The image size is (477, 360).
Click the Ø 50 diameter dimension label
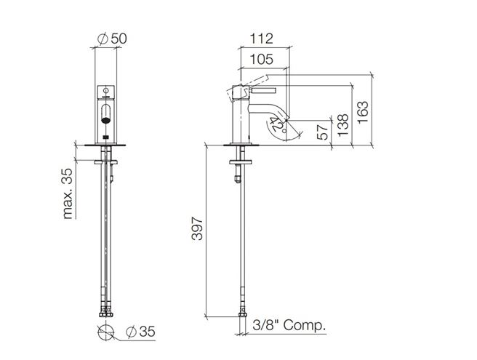coord(112,39)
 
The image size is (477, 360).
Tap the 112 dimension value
coord(261,39)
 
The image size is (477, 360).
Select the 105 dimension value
coord(261,59)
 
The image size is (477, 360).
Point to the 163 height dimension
coord(363,112)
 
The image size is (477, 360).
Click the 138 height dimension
coord(343,125)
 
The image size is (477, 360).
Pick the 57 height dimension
coord(323,132)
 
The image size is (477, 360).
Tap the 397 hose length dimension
coord(197,228)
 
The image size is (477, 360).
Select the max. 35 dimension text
coord(68,193)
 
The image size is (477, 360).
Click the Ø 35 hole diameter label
coord(140,332)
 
